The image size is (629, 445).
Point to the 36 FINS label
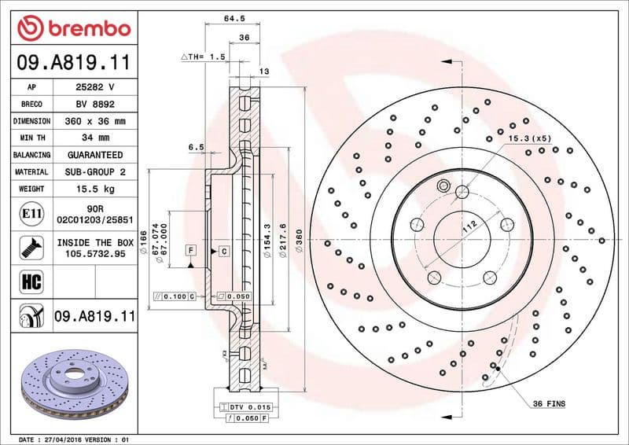(x=548, y=403)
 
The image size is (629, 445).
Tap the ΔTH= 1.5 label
(x=203, y=57)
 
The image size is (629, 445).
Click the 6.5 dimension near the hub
(x=196, y=147)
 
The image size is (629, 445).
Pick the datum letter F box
(x=190, y=250)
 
